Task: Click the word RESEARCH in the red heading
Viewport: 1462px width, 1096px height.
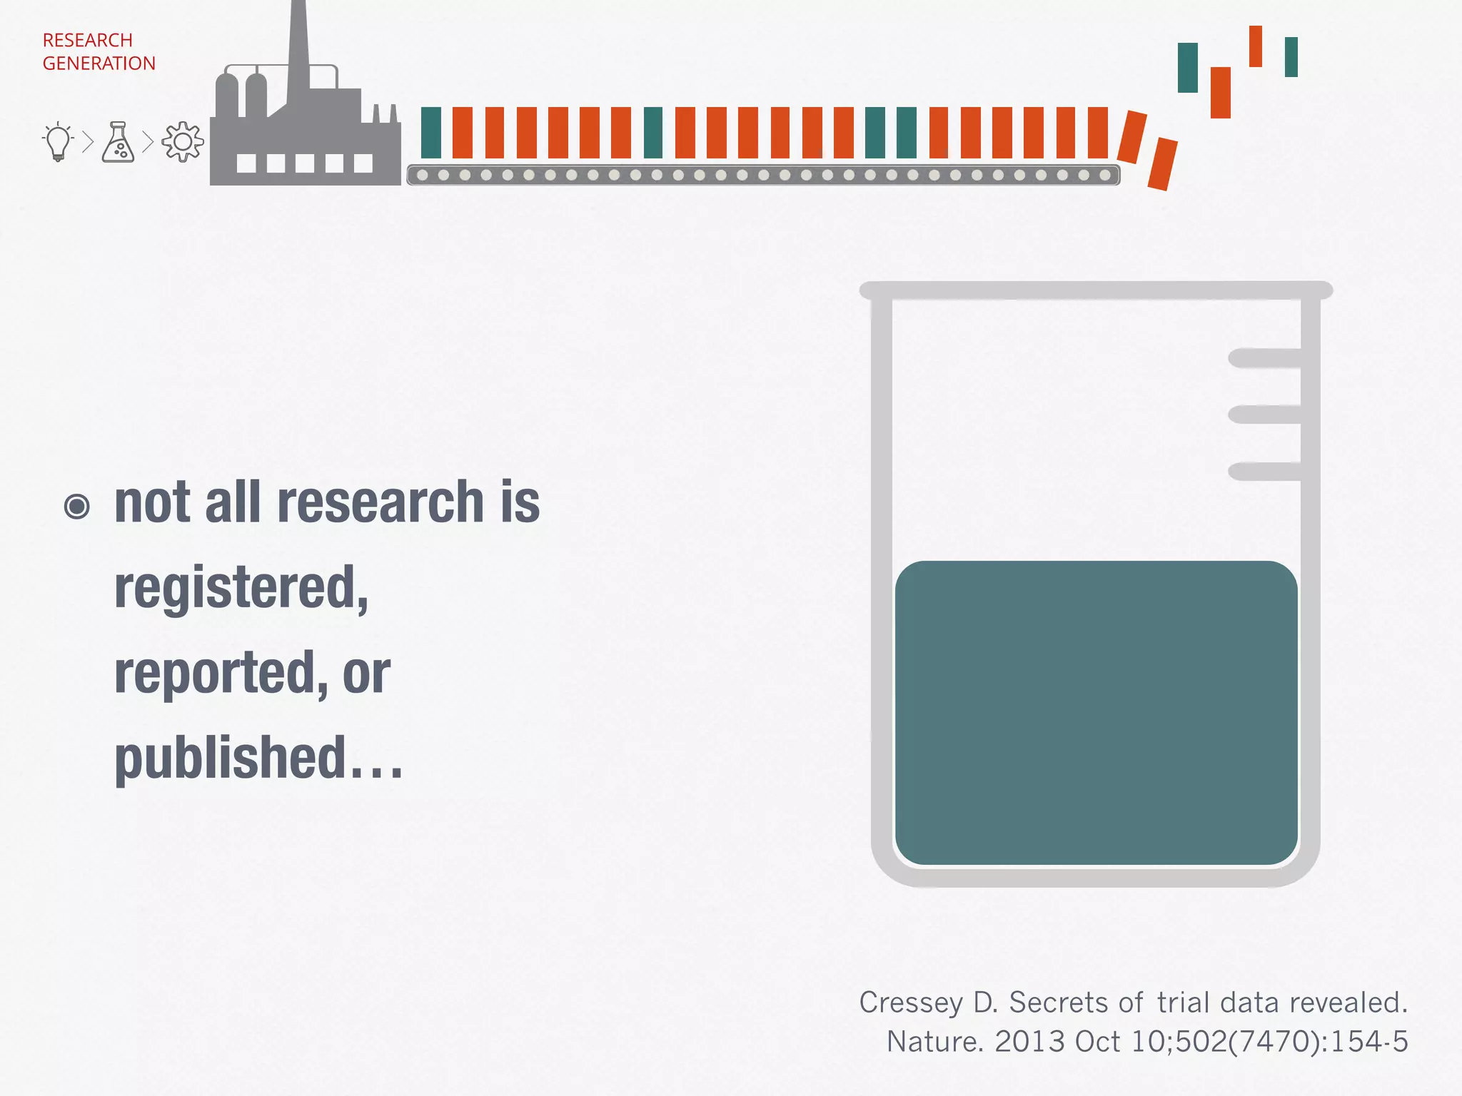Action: pos(88,40)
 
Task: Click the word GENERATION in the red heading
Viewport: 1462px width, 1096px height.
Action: pos(99,64)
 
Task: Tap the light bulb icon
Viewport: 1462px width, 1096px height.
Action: pos(59,142)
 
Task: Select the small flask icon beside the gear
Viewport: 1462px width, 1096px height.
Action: pos(119,142)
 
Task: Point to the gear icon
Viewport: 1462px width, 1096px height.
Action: pos(183,142)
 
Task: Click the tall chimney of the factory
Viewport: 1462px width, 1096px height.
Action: pos(298,50)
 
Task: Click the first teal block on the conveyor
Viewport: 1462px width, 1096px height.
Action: pos(431,133)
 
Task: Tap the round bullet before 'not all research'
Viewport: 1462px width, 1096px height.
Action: pos(77,507)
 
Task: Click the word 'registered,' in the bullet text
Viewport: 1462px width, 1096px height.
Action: pos(241,588)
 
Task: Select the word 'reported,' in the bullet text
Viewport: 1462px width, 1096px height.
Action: pos(221,673)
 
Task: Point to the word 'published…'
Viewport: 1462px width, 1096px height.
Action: pos(258,758)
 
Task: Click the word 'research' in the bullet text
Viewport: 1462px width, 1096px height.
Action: pos(380,502)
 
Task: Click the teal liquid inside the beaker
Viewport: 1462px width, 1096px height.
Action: pos(1096,714)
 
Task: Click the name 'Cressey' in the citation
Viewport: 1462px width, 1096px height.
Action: pos(911,1003)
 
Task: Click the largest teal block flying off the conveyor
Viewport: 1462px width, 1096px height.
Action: pos(1188,68)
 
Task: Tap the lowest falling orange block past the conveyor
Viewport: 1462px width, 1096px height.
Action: pos(1162,164)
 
